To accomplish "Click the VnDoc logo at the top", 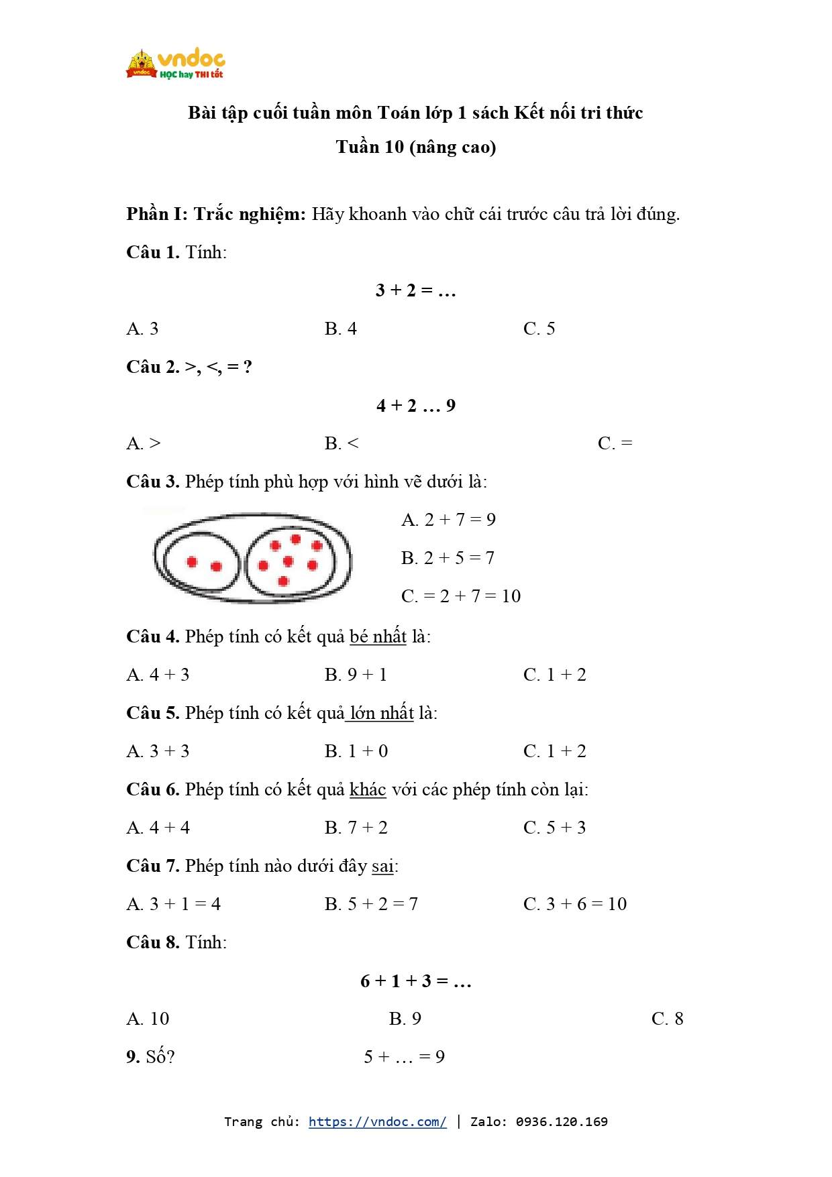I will pos(175,64).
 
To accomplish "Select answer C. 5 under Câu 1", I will pos(539,329).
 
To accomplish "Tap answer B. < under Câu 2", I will pos(342,443).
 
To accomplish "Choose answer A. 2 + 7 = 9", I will pos(448,520).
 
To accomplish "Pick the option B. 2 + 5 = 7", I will pos(448,558).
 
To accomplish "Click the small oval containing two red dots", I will pos(201,563).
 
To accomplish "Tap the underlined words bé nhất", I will pos(378,636).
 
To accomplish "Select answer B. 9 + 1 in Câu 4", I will pos(356,675).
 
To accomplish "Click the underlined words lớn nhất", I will pos(381,713).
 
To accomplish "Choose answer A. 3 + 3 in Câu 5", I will pos(158,751).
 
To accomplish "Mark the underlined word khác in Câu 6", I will pos(368,789).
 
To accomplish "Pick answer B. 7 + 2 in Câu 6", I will pos(356,828).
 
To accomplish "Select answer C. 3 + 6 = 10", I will pos(575,904).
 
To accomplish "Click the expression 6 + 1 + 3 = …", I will pos(416,981).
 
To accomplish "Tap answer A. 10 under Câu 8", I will pos(148,1019).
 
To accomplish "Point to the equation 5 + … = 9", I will pos(404,1057).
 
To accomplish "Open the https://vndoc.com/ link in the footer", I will pos(377,1121).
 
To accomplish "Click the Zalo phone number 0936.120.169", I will pos(562,1121).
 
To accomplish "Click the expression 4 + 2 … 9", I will pos(416,406).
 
